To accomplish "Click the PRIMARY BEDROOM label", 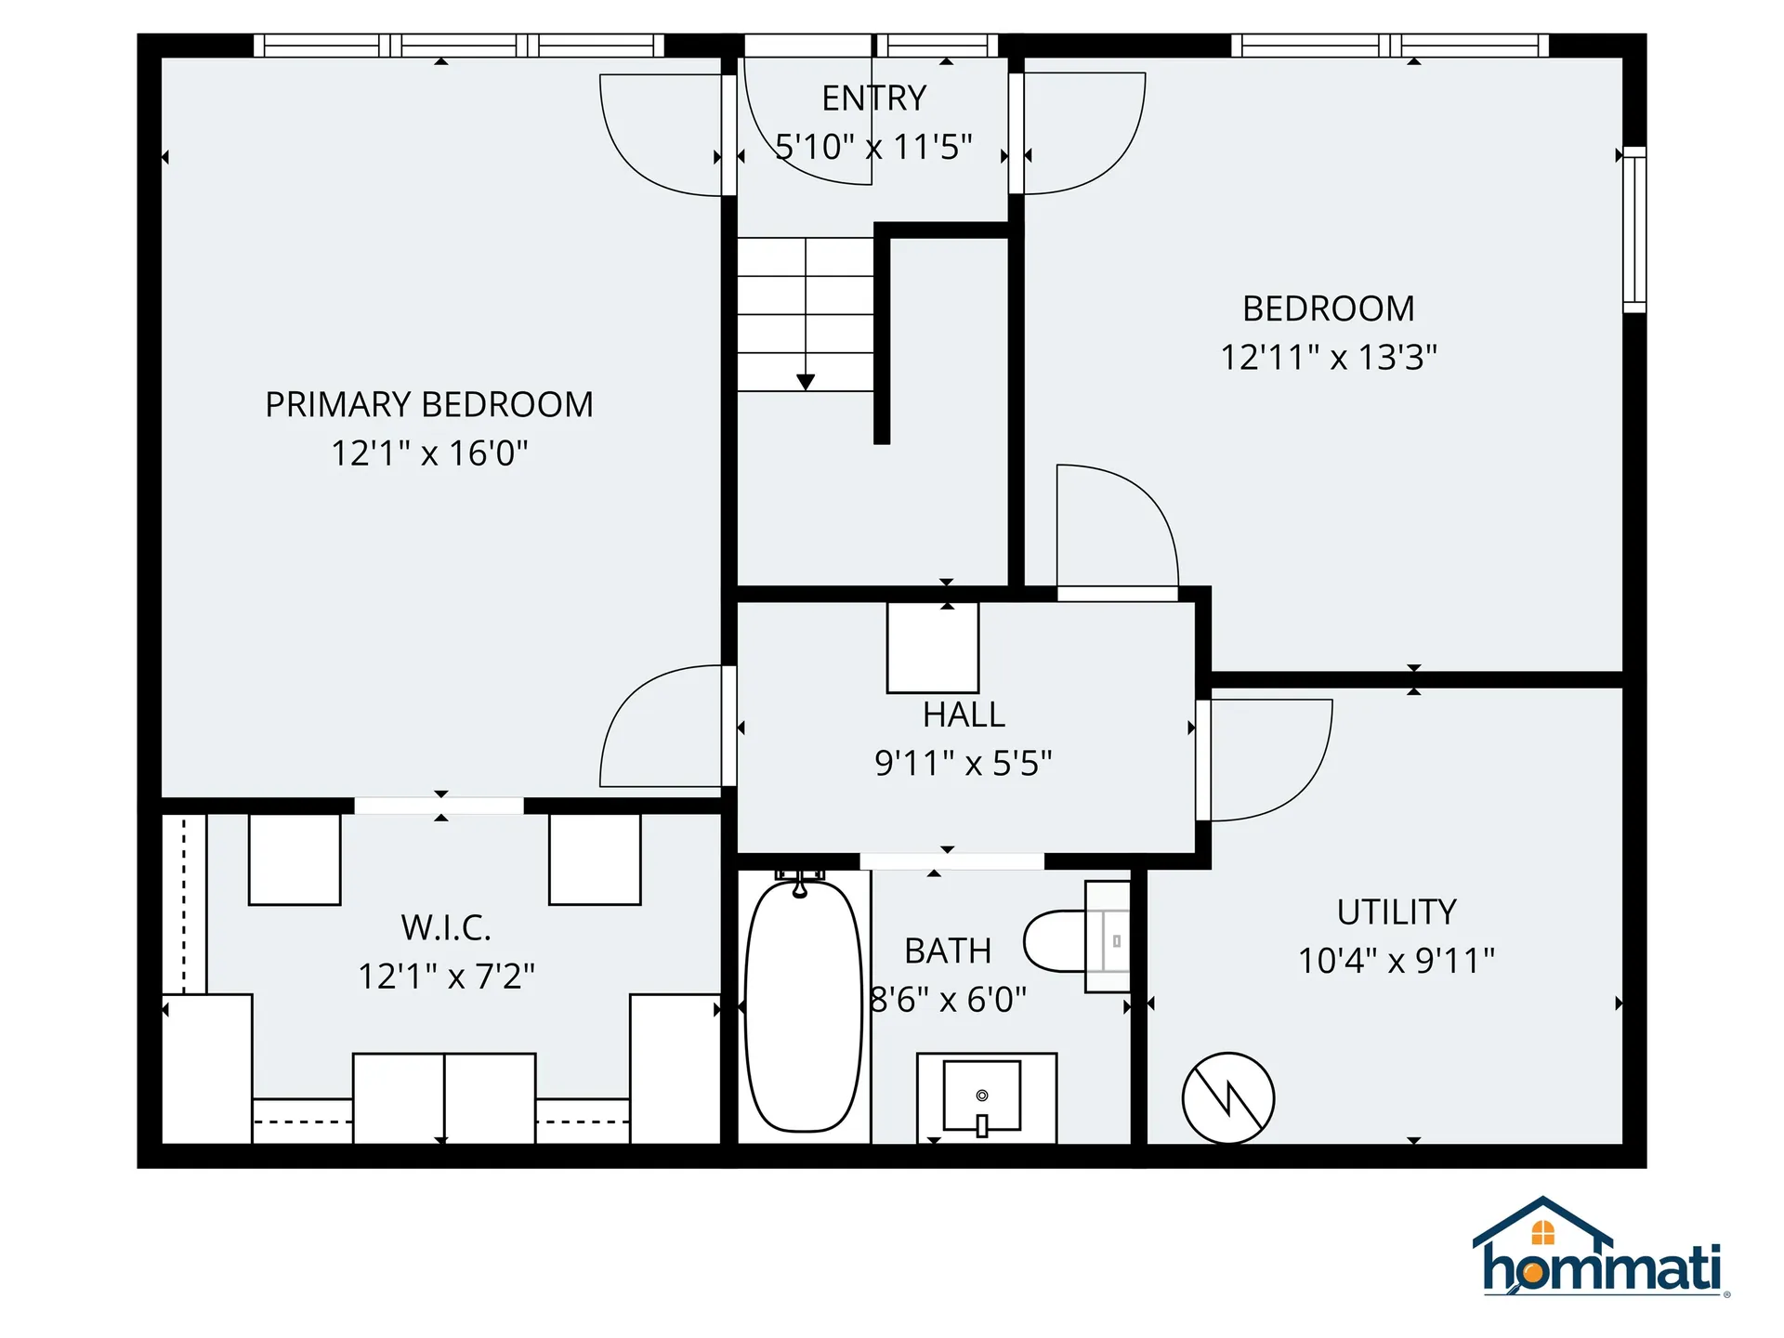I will tap(428, 405).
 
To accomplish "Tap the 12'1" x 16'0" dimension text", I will tap(429, 453).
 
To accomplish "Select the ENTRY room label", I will tap(873, 98).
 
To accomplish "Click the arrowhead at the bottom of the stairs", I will tap(806, 382).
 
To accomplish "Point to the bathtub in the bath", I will tap(804, 1006).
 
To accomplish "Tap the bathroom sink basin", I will tap(982, 1096).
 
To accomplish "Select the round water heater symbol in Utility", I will tap(1227, 1098).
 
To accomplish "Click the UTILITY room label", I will tap(1396, 912).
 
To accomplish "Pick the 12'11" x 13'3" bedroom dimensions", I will tap(1328, 358).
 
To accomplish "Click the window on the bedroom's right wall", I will tap(1634, 230).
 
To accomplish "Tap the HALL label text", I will tap(964, 715).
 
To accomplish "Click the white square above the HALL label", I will tap(932, 648).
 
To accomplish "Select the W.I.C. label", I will tap(446, 927).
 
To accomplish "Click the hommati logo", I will tap(1600, 1250).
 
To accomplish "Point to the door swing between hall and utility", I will tap(1268, 759).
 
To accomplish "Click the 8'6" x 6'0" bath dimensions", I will tap(948, 1000).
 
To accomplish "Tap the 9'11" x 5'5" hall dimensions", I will tap(963, 764).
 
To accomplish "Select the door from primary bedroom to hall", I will tap(662, 726).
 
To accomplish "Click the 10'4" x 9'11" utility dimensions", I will tap(1396, 961).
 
